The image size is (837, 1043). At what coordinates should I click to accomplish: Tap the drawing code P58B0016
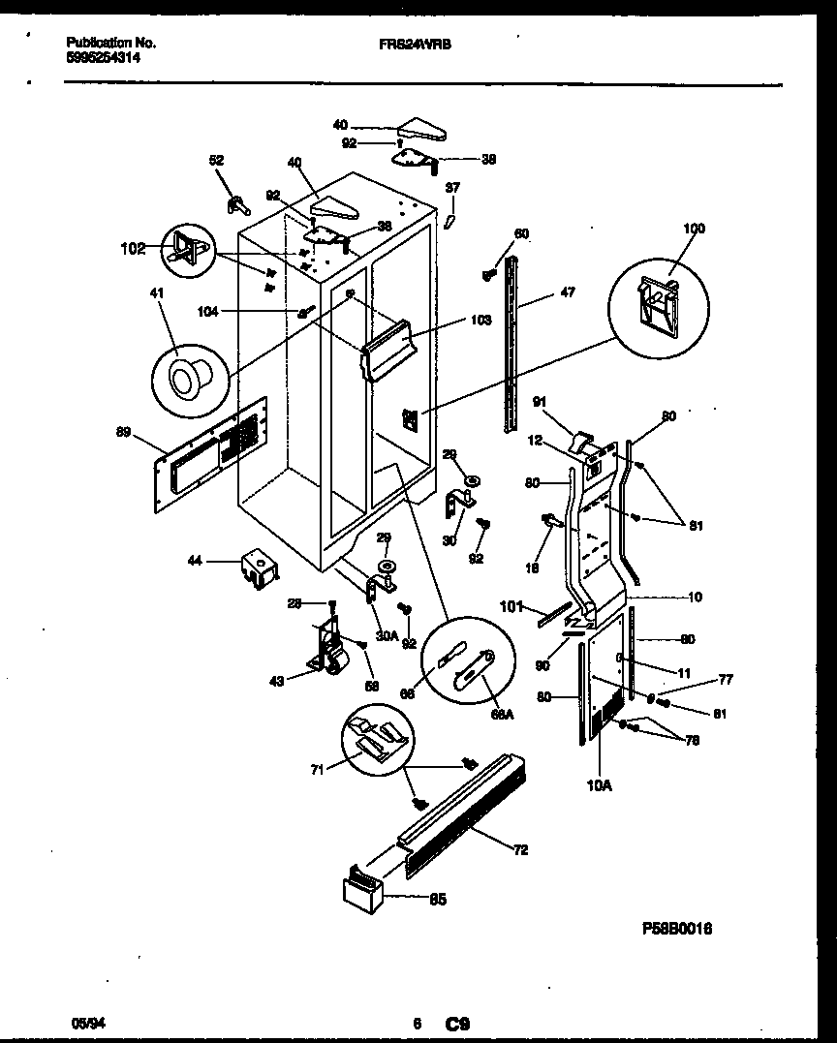677,927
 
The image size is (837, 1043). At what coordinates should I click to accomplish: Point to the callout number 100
694,229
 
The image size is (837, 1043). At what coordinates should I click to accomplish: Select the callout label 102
133,248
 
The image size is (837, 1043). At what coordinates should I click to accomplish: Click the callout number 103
453,318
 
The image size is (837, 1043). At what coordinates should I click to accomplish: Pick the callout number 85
438,900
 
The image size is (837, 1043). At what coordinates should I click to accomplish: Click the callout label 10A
600,787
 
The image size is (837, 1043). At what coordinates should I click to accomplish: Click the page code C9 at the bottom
457,1023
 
